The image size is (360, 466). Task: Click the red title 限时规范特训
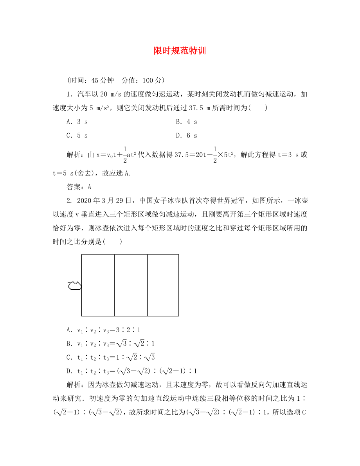coord(180,51)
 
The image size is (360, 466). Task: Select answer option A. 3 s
coord(77,122)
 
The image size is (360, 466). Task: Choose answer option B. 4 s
coord(186,122)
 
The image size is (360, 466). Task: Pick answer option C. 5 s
coord(77,136)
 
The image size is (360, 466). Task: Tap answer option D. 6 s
coord(186,136)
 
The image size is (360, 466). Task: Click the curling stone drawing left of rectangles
coord(74,286)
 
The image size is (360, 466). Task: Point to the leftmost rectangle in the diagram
coord(98,285)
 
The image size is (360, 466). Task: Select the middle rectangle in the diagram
coord(131,285)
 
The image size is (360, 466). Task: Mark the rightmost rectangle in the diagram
coord(163,285)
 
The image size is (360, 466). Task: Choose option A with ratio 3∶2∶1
coord(104,330)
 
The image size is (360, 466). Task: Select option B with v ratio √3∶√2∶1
coord(111,344)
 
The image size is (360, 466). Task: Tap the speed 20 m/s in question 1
coord(108,94)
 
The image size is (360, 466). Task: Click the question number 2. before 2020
coord(69,201)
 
